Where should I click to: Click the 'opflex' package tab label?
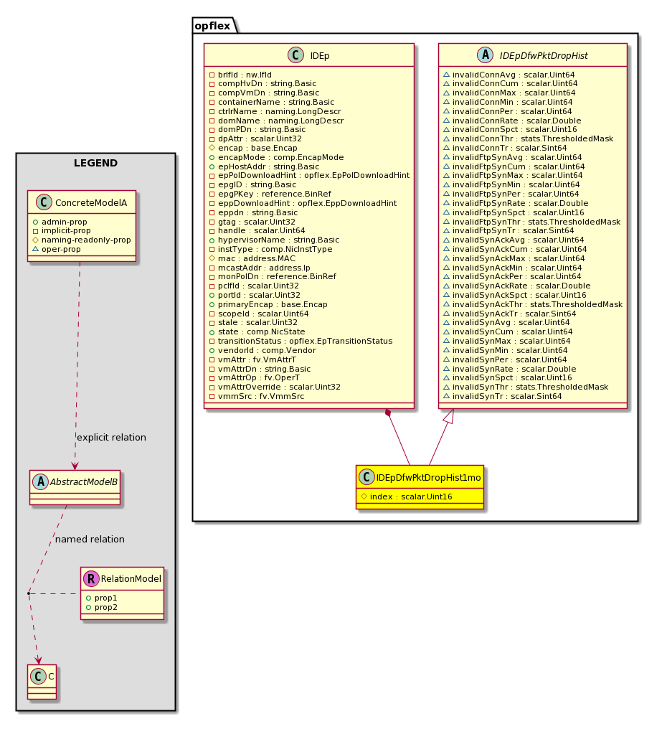pos(212,26)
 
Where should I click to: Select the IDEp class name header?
pos(320,56)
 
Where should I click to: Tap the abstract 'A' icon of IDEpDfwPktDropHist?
pos(486,55)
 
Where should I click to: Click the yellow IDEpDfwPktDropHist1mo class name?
pos(429,478)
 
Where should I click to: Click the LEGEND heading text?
pos(96,163)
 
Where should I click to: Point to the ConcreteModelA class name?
pos(91,203)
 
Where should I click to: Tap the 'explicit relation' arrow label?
pos(111,438)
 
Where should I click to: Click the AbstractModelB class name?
pos(84,482)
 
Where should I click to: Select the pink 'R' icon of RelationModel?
pos(91,578)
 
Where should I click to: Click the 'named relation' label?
pos(90,540)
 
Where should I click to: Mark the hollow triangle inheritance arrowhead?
pos(448,415)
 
